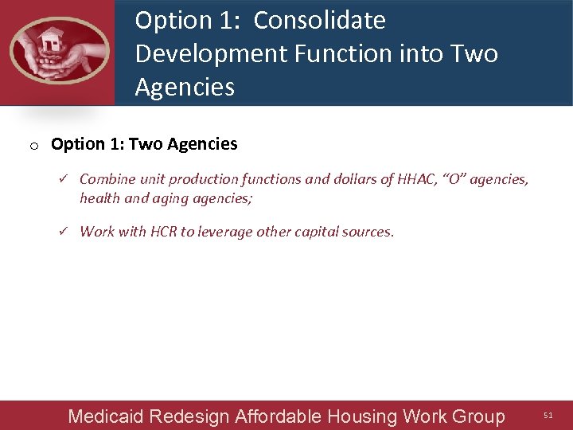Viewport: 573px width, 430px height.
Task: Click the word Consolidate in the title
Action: tap(319, 21)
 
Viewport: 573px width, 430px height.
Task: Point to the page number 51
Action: tap(548, 416)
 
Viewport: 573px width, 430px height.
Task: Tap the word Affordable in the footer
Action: tap(277, 416)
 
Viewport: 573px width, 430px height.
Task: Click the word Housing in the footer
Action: tap(363, 416)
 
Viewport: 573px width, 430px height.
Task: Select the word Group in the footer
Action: tap(478, 416)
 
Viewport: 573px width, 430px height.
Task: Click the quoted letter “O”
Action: tap(456, 179)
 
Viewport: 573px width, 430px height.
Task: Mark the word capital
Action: tap(316, 232)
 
